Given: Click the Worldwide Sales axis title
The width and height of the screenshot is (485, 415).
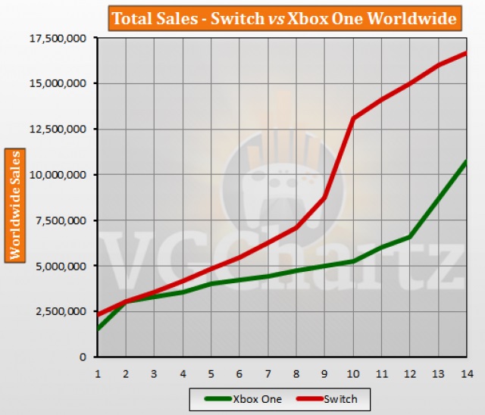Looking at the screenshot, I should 14,204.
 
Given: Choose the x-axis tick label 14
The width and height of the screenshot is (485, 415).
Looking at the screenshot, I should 465,373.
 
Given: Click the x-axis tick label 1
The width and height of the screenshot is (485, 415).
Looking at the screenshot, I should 97,373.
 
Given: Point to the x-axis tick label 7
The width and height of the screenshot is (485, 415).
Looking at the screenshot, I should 268,373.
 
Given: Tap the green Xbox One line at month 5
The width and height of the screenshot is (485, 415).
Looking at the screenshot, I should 211,284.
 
